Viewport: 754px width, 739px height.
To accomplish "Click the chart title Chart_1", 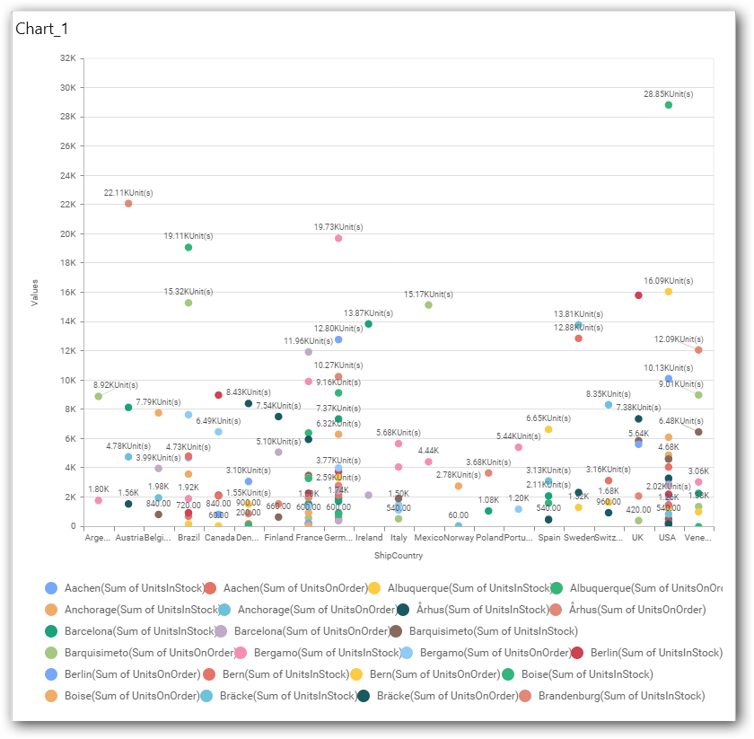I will [x=42, y=29].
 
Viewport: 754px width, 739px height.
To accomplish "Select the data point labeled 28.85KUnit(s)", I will [x=668, y=105].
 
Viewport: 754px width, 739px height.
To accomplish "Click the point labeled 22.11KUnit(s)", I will [x=128, y=204].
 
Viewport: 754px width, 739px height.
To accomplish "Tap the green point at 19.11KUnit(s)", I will [x=188, y=247].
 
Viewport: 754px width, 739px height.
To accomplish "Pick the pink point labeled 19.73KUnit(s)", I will [x=338, y=238].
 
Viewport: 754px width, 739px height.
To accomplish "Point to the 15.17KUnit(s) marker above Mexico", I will [x=428, y=305].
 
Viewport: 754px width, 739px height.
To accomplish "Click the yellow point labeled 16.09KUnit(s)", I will [x=668, y=292].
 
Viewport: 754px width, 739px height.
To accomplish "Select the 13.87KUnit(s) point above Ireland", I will [x=369, y=324].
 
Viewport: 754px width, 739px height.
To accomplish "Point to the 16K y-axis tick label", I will [x=67, y=292].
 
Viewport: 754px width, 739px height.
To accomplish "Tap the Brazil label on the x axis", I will [x=188, y=538].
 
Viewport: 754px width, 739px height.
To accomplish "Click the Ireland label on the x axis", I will [x=369, y=538].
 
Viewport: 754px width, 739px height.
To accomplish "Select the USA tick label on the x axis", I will [x=668, y=538].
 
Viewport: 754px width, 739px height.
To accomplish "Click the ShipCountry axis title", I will [x=398, y=556].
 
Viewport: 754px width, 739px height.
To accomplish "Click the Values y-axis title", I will [x=35, y=292].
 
